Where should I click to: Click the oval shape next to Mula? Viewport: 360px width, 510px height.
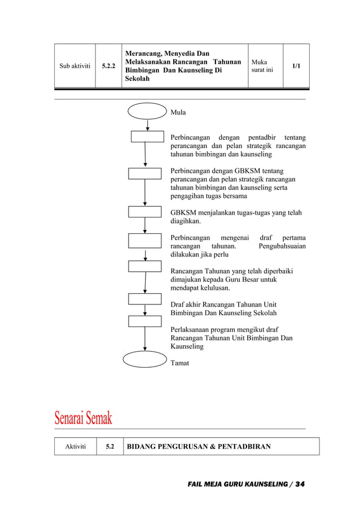click(x=147, y=111)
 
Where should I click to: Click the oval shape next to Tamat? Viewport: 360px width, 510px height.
click(x=145, y=359)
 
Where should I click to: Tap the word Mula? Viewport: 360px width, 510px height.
click(x=178, y=112)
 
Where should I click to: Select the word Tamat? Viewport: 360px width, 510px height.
click(x=180, y=363)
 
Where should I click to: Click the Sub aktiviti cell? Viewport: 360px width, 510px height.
click(x=74, y=66)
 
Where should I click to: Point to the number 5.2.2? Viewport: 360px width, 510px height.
click(x=109, y=66)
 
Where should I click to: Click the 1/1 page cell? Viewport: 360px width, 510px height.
click(x=296, y=66)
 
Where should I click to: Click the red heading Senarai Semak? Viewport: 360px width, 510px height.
click(x=84, y=419)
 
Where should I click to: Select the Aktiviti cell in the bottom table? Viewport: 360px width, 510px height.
click(x=75, y=447)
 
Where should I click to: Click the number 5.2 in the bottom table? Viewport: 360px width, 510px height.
click(x=110, y=447)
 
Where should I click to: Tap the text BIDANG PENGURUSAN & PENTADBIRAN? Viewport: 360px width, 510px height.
click(x=199, y=447)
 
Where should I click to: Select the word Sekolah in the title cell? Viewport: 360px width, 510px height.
click(x=137, y=79)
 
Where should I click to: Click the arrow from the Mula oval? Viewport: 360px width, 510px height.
click(x=147, y=125)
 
